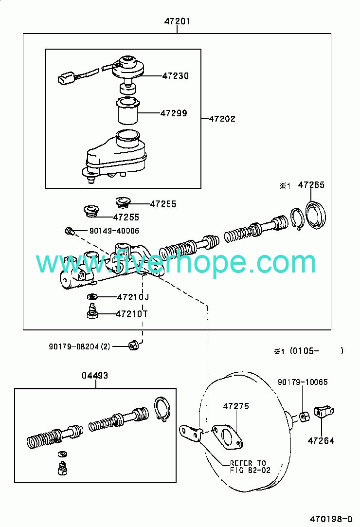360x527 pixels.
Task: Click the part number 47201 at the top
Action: point(177,21)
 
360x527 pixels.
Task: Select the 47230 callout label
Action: point(176,76)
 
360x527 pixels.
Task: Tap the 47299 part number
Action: point(174,113)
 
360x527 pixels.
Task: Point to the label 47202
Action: point(222,119)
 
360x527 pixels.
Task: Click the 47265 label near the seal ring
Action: point(311,185)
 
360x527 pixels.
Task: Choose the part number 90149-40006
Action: point(114,231)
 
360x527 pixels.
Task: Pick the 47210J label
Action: point(133,297)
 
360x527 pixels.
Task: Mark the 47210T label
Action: point(132,314)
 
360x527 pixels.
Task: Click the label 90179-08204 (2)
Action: point(79,346)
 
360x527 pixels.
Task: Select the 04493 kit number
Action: point(95,375)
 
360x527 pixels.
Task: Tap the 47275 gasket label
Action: point(236,406)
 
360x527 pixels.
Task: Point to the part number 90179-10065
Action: point(303,382)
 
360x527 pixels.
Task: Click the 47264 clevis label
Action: point(321,440)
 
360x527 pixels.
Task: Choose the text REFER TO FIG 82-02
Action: point(250,467)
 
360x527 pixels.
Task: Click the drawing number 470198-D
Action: point(331,519)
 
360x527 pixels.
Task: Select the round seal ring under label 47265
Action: point(316,216)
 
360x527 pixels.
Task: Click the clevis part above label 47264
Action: point(324,412)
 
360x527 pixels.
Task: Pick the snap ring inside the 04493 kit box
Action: point(162,409)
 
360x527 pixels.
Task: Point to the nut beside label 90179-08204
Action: point(133,345)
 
